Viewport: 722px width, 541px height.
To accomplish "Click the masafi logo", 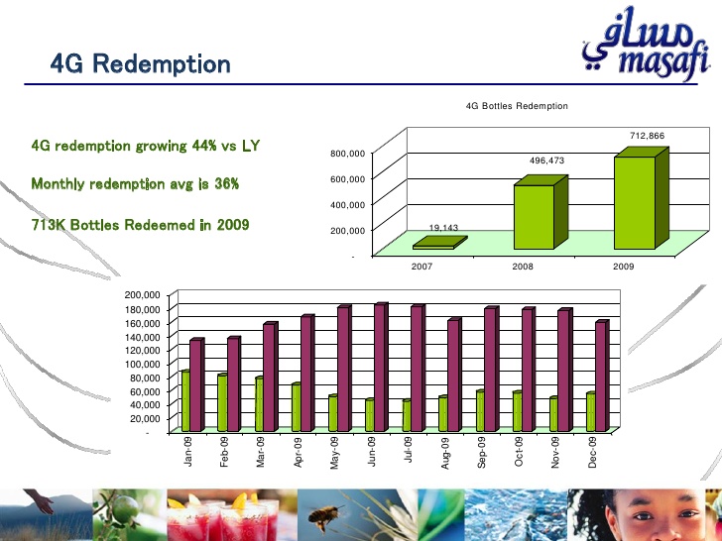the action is pos(646,45).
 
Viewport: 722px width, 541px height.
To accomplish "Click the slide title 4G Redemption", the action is pos(141,63).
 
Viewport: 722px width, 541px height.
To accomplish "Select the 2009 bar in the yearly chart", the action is pos(641,198).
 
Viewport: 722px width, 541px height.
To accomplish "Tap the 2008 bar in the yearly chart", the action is pos(541,212).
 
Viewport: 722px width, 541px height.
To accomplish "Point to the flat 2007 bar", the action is pos(440,243).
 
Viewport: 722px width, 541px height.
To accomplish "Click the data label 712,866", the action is pos(647,136).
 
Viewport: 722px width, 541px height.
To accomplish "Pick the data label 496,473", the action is pos(546,161).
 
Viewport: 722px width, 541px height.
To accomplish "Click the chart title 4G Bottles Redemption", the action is pos(517,106).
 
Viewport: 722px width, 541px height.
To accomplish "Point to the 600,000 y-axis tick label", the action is pos(348,178).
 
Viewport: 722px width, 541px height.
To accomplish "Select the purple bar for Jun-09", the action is pos(381,367).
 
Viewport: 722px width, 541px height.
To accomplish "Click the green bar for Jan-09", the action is pos(185,400).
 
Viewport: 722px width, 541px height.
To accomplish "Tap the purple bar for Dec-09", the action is pos(602,376).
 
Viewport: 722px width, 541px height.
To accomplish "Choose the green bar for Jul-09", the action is pos(407,415).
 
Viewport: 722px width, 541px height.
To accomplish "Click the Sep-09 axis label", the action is pos(482,453).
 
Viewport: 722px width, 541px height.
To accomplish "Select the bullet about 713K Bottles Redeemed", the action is pos(141,225).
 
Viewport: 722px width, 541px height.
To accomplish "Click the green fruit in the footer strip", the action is pos(125,509).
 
